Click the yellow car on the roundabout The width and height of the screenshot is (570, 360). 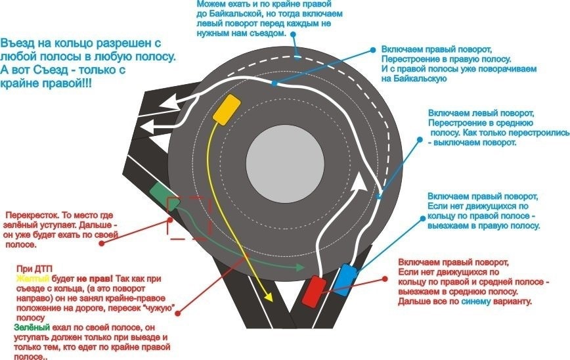[227, 110]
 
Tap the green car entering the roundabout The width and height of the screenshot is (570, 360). [165, 196]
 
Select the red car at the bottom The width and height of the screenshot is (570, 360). [314, 292]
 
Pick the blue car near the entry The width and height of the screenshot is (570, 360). [345, 280]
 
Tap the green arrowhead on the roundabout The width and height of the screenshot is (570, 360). [300, 267]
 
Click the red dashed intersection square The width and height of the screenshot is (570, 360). [189, 218]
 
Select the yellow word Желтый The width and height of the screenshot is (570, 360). [32, 279]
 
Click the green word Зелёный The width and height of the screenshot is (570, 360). [32, 327]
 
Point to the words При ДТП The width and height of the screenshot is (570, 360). [34, 269]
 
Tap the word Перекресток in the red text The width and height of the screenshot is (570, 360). [33, 215]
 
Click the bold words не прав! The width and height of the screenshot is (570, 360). [95, 279]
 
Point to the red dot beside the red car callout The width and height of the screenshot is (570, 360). [385, 279]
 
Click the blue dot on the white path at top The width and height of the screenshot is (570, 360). [274, 83]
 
